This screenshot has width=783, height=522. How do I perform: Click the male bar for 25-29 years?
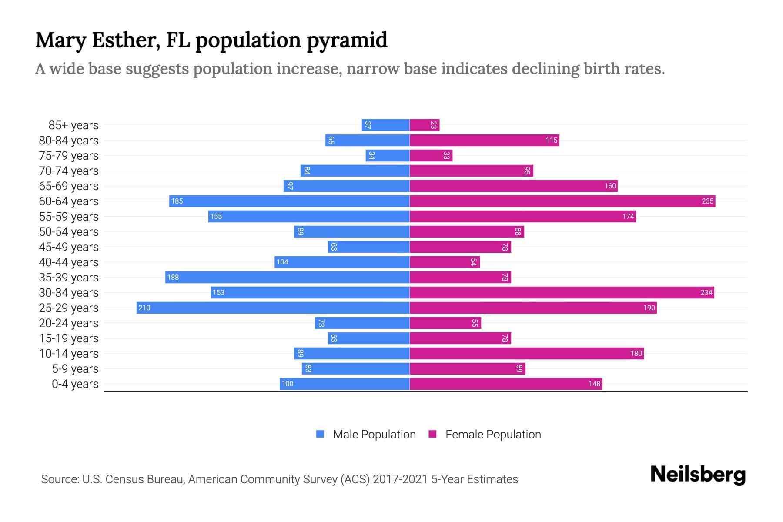click(x=273, y=308)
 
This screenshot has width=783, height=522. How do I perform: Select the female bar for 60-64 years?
click(x=562, y=201)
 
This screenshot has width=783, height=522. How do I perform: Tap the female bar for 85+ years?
click(x=424, y=125)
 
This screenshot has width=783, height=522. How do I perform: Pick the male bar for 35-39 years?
click(x=287, y=277)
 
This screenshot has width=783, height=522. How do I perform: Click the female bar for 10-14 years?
click(x=526, y=353)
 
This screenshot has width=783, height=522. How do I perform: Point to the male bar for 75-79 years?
click(x=388, y=155)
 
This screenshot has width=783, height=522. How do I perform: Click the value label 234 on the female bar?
click(x=706, y=292)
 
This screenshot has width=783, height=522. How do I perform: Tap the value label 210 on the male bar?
click(x=144, y=308)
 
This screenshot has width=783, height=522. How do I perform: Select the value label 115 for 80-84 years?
click(x=551, y=140)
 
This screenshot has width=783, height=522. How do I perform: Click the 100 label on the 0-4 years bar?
click(x=288, y=384)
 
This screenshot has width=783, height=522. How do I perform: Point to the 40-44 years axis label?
click(x=69, y=262)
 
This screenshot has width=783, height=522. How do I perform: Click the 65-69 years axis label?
click(x=69, y=186)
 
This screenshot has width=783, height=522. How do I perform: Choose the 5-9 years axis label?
click(x=75, y=369)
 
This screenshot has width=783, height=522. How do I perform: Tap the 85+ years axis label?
click(x=74, y=125)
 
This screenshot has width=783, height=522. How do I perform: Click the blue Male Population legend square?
click(x=320, y=434)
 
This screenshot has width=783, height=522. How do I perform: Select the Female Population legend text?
click(x=493, y=434)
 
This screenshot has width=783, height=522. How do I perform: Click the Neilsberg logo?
click(x=698, y=474)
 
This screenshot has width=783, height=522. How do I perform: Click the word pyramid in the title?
click(x=347, y=40)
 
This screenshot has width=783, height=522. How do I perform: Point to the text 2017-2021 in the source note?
click(x=400, y=479)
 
